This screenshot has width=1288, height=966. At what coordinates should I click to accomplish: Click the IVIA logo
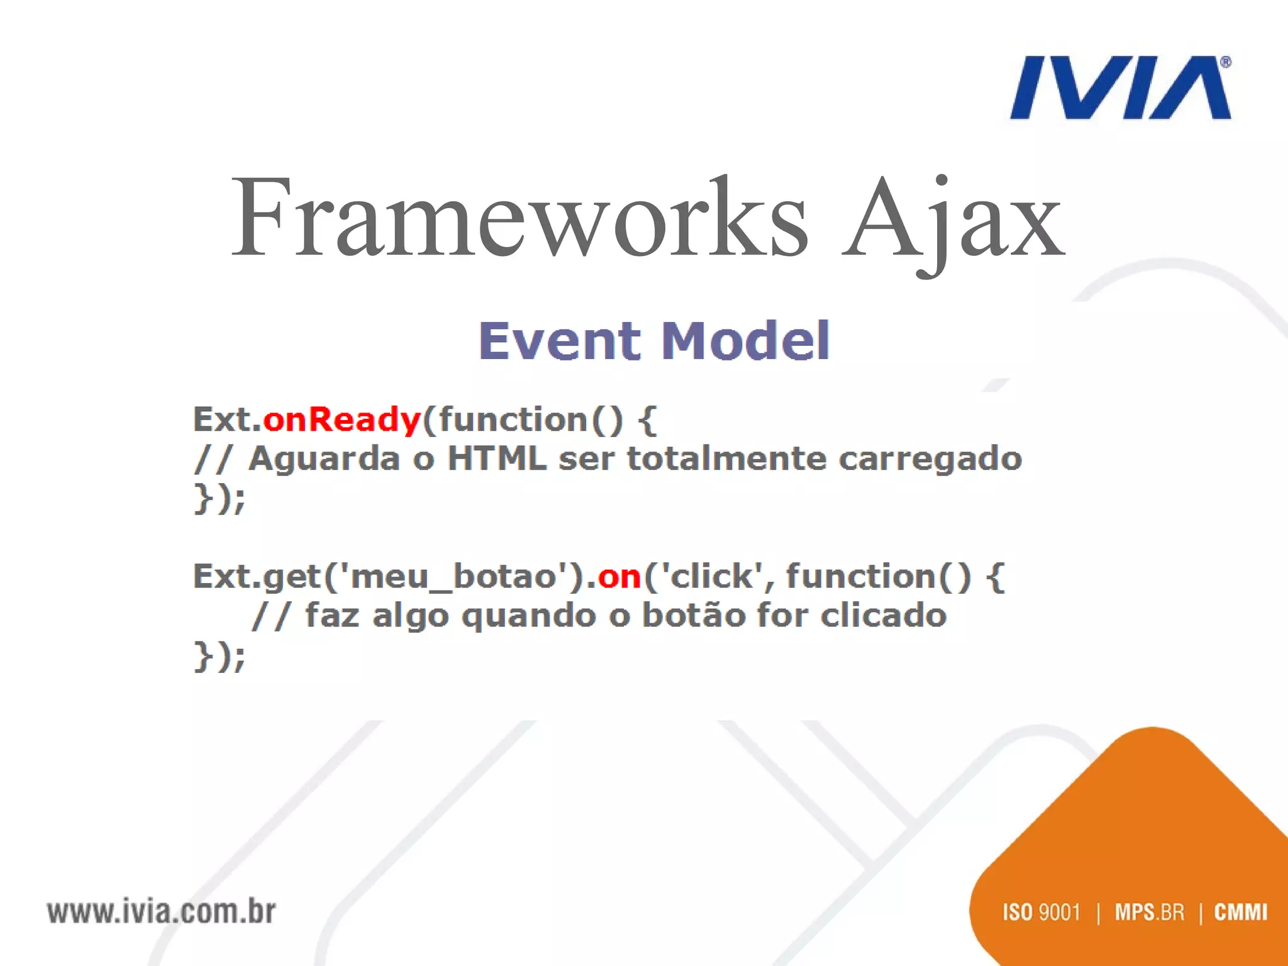[x=1119, y=88]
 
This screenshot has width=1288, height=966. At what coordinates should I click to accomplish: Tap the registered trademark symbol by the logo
[x=1225, y=62]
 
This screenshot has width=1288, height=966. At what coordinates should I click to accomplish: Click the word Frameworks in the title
[x=519, y=218]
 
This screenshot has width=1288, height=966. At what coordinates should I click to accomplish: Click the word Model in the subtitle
[x=746, y=341]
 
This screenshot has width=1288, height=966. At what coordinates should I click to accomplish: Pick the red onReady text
[x=341, y=419]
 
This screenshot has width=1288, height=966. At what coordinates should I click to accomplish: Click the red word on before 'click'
[x=619, y=576]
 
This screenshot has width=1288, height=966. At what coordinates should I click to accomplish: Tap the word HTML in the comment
[x=496, y=458]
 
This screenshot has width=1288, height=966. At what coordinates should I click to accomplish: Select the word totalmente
[x=726, y=458]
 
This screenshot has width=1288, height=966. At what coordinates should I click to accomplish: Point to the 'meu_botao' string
[x=453, y=576]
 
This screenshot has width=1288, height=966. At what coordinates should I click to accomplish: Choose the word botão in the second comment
[x=692, y=615]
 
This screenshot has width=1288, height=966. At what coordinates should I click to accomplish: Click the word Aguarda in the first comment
[x=324, y=458]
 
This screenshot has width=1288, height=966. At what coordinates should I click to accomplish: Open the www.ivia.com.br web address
[x=161, y=912]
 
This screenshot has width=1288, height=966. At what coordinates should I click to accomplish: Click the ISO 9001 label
[x=1041, y=912]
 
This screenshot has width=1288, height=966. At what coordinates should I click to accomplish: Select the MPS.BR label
[x=1149, y=912]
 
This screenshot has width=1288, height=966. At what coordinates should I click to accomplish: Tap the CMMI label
[x=1240, y=912]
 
